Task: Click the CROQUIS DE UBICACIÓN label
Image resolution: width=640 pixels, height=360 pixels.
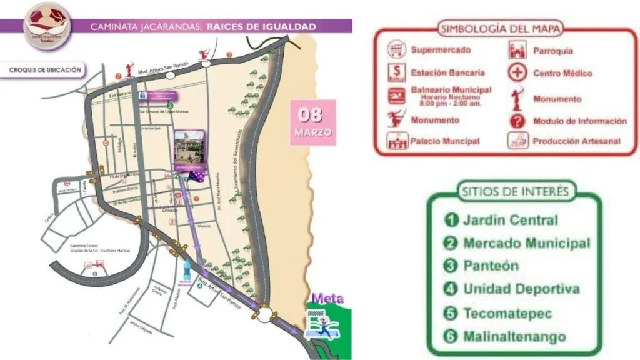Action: click(45, 70)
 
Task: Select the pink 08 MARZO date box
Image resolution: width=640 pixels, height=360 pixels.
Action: click(312, 122)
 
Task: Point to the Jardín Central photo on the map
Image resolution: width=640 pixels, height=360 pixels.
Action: click(189, 148)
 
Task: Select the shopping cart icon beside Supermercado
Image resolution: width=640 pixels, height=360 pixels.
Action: click(396, 50)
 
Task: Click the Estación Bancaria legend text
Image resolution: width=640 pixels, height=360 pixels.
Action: click(449, 73)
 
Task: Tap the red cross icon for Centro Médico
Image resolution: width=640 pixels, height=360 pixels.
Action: click(517, 73)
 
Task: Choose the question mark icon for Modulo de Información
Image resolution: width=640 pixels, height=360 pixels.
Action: click(517, 121)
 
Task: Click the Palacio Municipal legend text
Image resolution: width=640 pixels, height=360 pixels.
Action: click(445, 141)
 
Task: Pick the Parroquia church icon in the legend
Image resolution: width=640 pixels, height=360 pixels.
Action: click(517, 50)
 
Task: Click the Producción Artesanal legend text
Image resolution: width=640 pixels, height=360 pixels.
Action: click(576, 141)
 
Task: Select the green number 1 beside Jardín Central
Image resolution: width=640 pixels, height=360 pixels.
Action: click(451, 220)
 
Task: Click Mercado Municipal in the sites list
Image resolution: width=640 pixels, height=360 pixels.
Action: click(526, 243)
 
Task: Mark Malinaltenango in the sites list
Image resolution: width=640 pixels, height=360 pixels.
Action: click(514, 337)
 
